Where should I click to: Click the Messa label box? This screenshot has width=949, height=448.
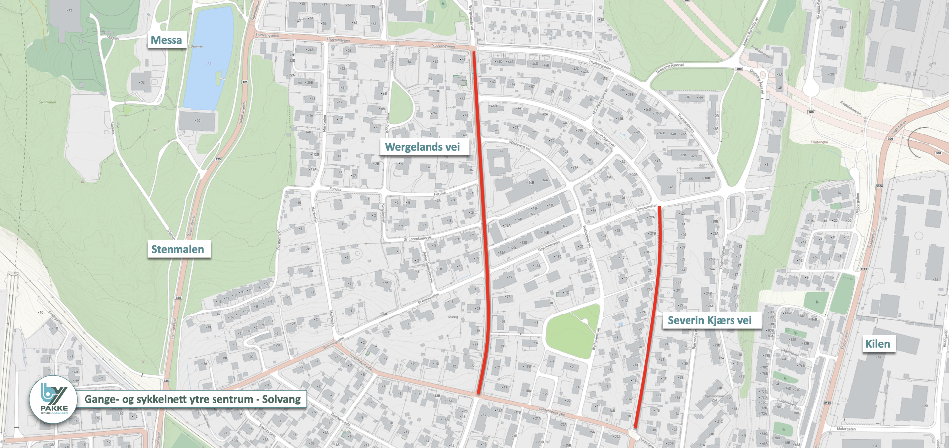[167, 40]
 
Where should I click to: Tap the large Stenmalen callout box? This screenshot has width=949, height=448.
[177, 249]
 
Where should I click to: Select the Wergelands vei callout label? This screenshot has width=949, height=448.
[422, 147]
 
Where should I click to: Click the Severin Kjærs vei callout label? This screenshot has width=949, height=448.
[709, 320]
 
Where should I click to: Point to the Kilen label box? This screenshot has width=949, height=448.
[877, 344]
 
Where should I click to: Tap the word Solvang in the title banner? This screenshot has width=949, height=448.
[281, 399]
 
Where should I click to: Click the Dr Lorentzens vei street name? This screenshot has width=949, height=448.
[418, 239]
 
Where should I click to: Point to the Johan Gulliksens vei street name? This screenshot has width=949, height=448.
[428, 267]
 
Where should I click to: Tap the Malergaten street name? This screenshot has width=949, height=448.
[846, 429]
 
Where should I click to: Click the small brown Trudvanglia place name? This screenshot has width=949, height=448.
[819, 142]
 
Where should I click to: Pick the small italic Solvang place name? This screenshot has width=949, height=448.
[453, 317]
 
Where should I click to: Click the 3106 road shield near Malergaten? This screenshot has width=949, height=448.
[827, 403]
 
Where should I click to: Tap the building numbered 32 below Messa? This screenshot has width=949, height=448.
[141, 82]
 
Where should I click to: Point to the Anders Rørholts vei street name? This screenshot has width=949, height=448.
[750, 33]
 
